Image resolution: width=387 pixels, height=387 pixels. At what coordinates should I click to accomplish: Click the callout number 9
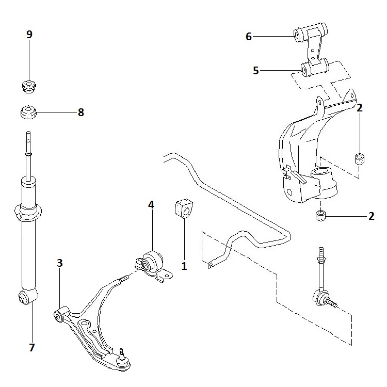coord(29,35)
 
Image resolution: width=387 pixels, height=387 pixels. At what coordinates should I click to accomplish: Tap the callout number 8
coord(80,112)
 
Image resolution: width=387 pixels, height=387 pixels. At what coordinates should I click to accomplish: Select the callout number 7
coord(31,347)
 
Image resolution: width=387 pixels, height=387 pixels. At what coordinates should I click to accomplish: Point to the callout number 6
coord(249,36)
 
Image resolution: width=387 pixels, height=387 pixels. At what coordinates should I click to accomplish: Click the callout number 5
coord(255,70)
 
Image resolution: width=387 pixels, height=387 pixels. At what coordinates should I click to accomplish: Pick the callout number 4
coord(151,205)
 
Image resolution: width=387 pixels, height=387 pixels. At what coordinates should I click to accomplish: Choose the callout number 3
coord(60,263)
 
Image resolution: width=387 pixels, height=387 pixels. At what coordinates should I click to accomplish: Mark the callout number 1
coord(183,267)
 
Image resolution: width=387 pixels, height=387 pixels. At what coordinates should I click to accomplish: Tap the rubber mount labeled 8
coord(29,111)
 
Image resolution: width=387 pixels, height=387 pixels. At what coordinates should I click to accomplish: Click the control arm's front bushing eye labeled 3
coord(60,315)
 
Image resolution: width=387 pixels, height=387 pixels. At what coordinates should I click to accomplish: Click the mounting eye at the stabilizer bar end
coord(211,266)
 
